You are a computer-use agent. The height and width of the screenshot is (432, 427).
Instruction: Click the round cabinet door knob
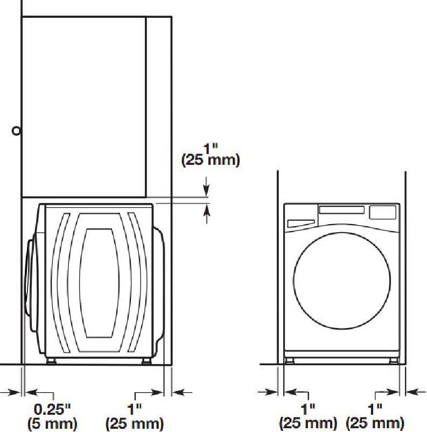click(16, 131)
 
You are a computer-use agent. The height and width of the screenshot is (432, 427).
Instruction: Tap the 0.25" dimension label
click(52, 409)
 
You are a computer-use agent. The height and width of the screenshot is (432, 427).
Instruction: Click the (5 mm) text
click(52, 424)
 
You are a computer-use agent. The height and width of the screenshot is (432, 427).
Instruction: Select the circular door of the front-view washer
click(342, 281)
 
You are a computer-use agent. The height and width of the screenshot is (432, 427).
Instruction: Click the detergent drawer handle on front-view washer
click(301, 223)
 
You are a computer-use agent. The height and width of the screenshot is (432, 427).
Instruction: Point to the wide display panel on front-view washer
click(341, 210)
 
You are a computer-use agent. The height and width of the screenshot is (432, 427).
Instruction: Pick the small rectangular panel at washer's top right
click(383, 212)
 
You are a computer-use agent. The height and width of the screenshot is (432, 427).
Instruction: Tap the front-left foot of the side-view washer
click(51, 361)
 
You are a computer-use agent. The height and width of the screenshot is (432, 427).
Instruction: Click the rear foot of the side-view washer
click(146, 361)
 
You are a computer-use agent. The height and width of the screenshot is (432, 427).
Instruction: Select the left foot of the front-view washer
click(289, 361)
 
